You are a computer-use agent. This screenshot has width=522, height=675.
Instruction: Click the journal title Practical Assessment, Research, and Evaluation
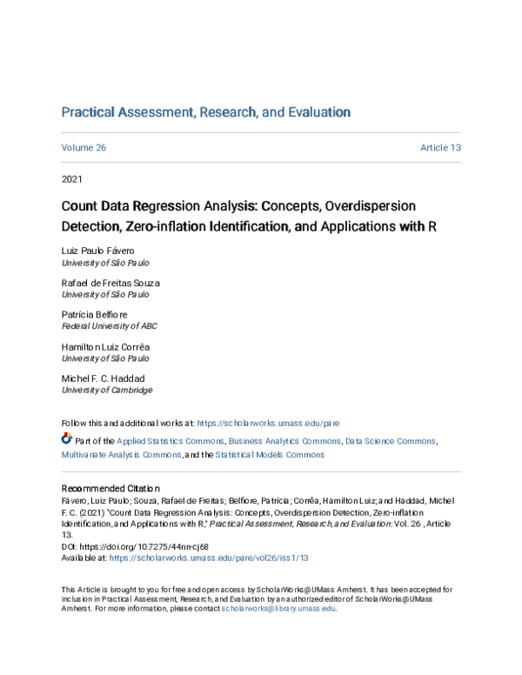pyautogui.click(x=205, y=112)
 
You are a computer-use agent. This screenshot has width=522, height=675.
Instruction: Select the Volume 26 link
pyautogui.click(x=84, y=148)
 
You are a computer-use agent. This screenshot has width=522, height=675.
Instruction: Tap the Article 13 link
pyautogui.click(x=439, y=148)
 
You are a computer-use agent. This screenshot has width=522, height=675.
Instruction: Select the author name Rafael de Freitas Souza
pyautogui.click(x=110, y=283)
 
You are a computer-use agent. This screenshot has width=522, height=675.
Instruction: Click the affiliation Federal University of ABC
pyautogui.click(x=109, y=326)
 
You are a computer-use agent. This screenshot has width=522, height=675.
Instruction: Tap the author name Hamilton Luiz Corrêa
pyautogui.click(x=105, y=347)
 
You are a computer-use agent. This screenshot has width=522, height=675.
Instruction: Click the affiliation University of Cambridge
pyautogui.click(x=100, y=391)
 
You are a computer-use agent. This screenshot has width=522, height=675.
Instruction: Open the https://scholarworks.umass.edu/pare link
pyautogui.click(x=268, y=423)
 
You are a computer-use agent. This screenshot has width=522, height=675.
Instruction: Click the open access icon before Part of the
pyautogui.click(x=67, y=441)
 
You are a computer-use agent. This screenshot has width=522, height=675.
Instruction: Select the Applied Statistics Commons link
pyautogui.click(x=171, y=442)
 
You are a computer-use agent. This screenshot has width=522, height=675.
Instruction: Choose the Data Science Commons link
pyautogui.click(x=391, y=442)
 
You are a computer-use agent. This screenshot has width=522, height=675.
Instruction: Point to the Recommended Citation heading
pyautogui.click(x=110, y=489)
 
